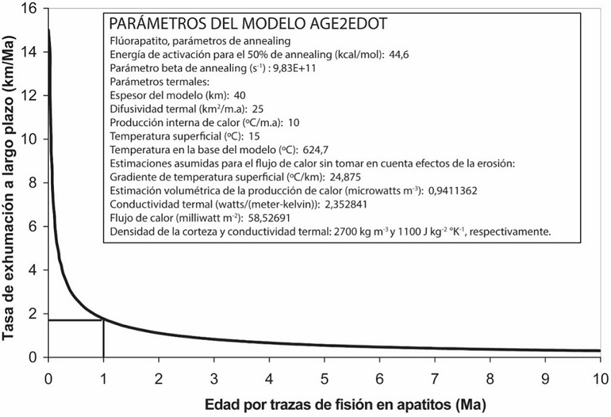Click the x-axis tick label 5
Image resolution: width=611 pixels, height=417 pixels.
pyautogui.click(x=324, y=378)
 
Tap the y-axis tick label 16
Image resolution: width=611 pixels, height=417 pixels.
pyautogui.click(x=29, y=9)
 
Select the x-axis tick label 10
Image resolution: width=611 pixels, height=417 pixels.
pyautogui.click(x=599, y=378)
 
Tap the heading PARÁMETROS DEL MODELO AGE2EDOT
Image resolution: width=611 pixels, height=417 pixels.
pyautogui.click(x=247, y=23)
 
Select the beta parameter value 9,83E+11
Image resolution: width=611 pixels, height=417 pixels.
pyautogui.click(x=295, y=68)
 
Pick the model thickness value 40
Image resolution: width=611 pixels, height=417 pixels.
pyautogui.click(x=240, y=95)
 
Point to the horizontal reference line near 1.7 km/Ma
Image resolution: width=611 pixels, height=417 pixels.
pyautogui.click(x=75, y=320)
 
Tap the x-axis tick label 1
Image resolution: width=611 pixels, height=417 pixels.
pyautogui.click(x=104, y=378)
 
